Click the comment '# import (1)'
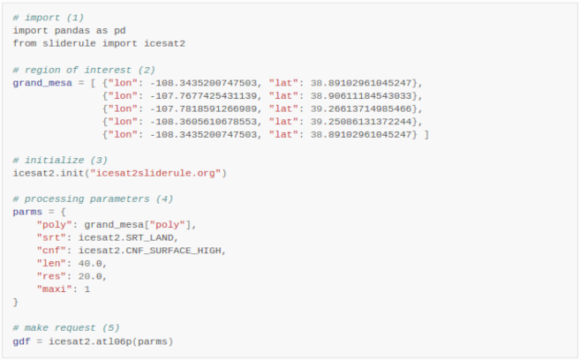[x=48, y=18]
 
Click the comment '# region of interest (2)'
[x=84, y=69]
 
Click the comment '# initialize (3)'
[x=60, y=160]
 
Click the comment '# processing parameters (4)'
[x=93, y=199]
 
